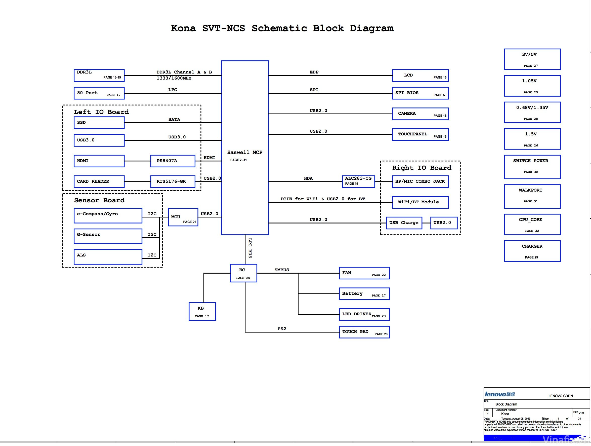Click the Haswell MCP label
(244, 153)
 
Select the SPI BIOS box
(420, 93)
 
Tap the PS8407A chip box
(173, 161)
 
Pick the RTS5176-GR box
(173, 181)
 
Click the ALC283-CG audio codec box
(358, 181)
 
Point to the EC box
(243, 273)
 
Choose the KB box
(202, 312)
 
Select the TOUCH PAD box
(364, 332)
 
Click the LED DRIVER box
(364, 314)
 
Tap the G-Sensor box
(108, 236)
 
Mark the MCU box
(183, 217)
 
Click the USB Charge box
(404, 223)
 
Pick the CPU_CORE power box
(532, 224)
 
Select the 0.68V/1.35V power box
(532, 112)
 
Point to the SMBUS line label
(282, 270)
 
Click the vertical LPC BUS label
(250, 248)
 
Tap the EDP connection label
(314, 72)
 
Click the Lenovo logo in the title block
(499, 394)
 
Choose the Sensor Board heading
(99, 200)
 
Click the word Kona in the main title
(183, 28)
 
